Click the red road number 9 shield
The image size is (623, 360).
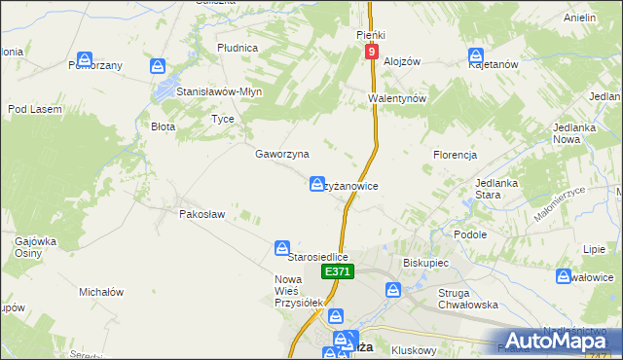[371, 50]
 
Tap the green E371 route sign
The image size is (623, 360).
[337, 272]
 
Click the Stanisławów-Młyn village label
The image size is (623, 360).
[220, 91]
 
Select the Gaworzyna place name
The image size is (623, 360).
[281, 154]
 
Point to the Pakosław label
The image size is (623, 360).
[202, 214]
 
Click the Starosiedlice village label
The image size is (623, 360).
[318, 257]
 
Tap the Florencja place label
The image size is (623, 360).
[454, 155]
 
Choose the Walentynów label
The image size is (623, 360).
[398, 99]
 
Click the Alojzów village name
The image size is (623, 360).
[401, 60]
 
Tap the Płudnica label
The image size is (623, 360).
[238, 47]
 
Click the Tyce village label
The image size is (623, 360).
[223, 119]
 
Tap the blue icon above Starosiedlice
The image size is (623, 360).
[282, 248]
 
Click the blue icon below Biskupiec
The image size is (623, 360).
[393, 289]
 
